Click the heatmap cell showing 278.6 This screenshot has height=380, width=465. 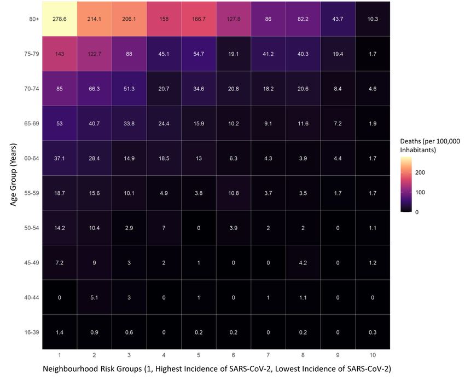coord(59,19)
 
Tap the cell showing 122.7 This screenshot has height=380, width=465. coord(94,54)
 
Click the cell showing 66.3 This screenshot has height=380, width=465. coord(94,88)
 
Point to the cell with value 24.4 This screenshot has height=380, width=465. coord(164,123)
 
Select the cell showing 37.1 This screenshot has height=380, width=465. coord(59,158)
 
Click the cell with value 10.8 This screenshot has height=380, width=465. coord(234,193)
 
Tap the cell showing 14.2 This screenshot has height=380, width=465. coord(59,227)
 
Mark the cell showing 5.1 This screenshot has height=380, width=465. coord(94,297)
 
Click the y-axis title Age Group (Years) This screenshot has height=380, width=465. coord(13,175)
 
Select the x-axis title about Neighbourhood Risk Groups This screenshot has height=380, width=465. coord(217,369)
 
